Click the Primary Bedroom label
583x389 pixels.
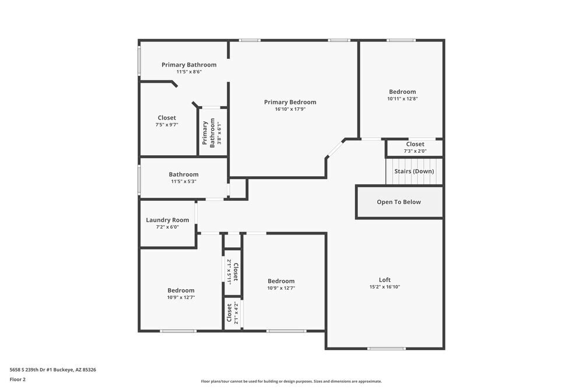(290, 102)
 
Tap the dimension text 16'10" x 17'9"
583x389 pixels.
(290, 109)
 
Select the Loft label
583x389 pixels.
(384, 279)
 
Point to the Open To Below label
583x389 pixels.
(399, 202)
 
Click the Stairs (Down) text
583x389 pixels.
(414, 171)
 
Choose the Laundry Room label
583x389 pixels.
(167, 220)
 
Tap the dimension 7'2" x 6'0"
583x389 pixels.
(167, 227)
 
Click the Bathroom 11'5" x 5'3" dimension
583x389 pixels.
(183, 181)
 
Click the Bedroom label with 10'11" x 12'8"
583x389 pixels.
(402, 92)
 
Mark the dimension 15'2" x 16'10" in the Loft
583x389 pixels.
(384, 286)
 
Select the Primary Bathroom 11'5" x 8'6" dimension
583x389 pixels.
(189, 72)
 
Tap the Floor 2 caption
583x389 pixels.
(17, 379)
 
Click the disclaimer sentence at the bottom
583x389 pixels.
(291, 381)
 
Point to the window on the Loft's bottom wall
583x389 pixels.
(386, 349)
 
